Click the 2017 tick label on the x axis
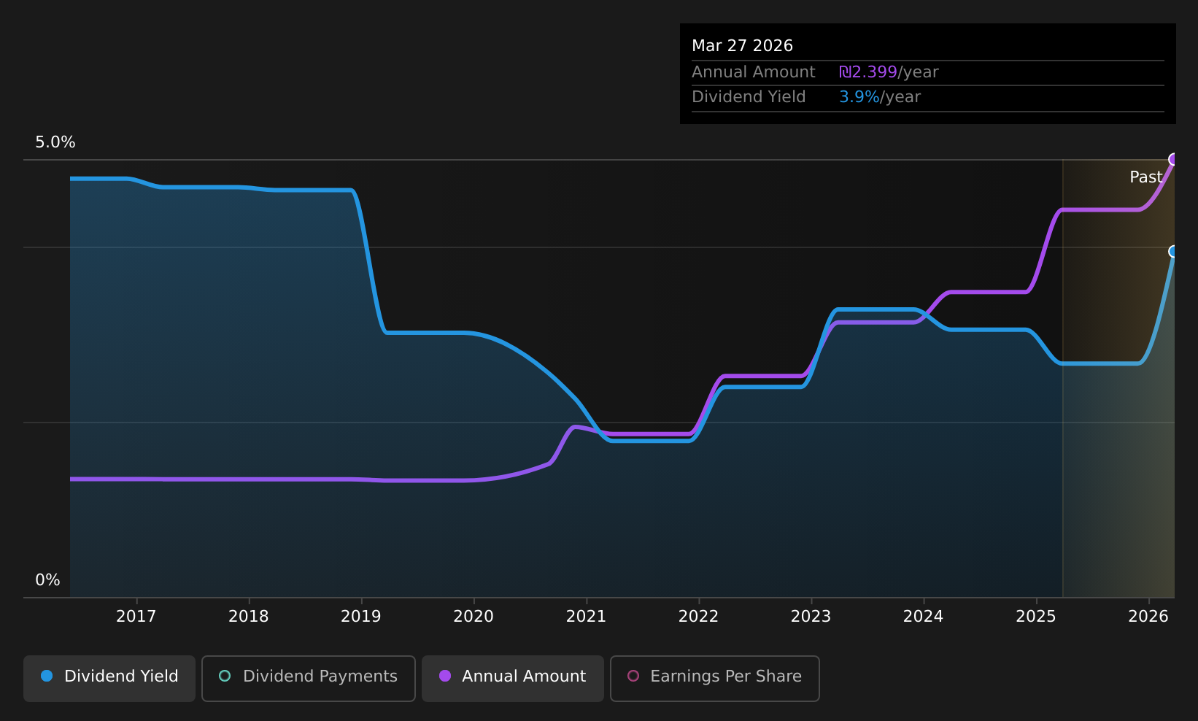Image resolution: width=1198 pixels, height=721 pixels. click(136, 617)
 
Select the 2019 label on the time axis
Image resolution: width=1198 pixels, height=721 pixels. click(361, 617)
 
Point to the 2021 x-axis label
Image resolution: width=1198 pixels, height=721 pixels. click(586, 617)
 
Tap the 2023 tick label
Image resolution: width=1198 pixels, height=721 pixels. click(811, 617)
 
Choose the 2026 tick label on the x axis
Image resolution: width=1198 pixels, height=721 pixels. click(1148, 617)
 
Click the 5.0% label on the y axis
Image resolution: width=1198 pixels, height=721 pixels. click(55, 142)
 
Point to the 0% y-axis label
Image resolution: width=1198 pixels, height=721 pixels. click(48, 580)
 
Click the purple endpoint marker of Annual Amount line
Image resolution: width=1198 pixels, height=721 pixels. click(1174, 159)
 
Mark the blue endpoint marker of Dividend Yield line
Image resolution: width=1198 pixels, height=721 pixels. click(1174, 251)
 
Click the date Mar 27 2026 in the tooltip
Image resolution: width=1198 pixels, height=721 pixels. click(742, 46)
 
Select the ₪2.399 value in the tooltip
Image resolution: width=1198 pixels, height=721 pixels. click(868, 72)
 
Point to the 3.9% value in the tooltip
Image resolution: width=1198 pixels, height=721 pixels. click(859, 97)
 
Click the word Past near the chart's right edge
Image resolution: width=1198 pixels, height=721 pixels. click(1145, 177)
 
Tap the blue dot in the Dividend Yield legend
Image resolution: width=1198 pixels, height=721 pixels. click(47, 676)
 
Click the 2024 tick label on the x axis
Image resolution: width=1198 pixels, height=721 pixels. click(923, 617)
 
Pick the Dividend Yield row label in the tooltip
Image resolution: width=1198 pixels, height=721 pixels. click(749, 97)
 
